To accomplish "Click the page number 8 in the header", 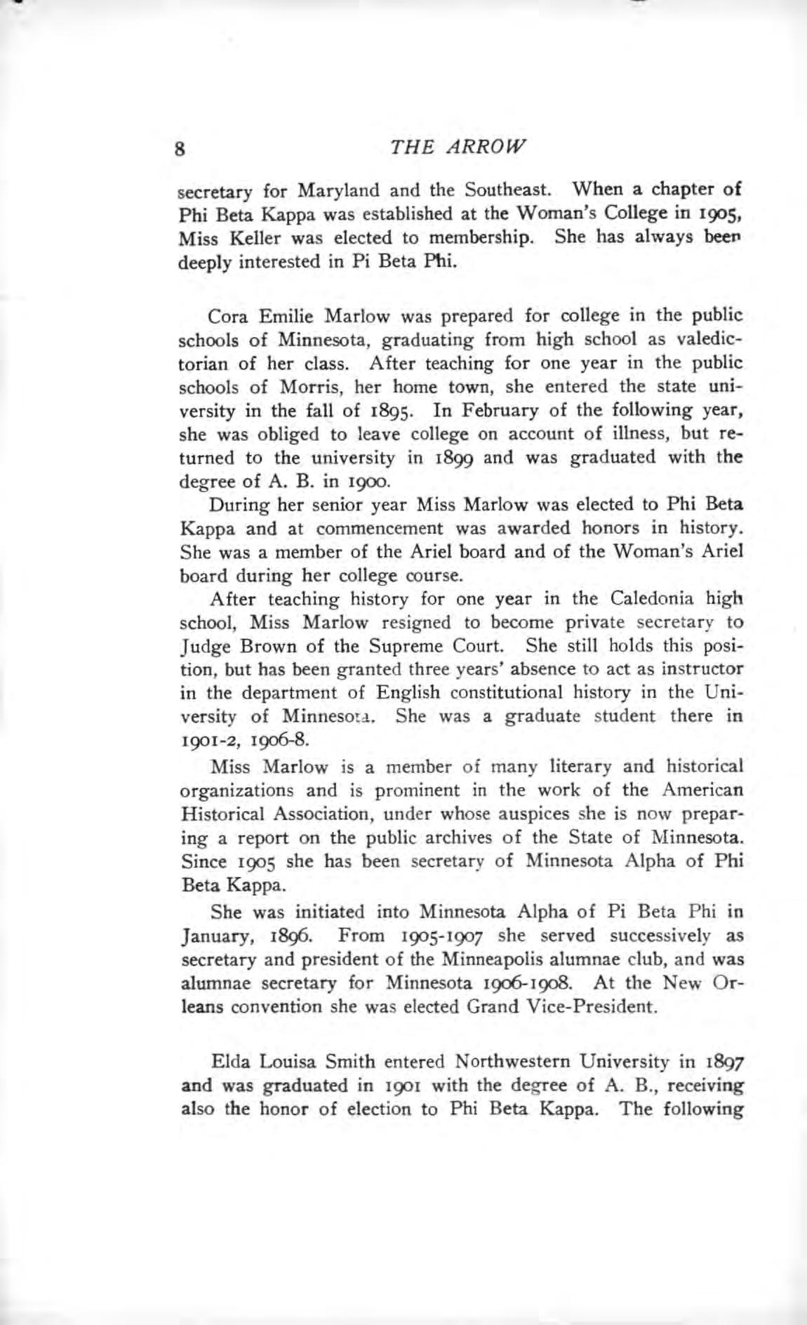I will [180, 149].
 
